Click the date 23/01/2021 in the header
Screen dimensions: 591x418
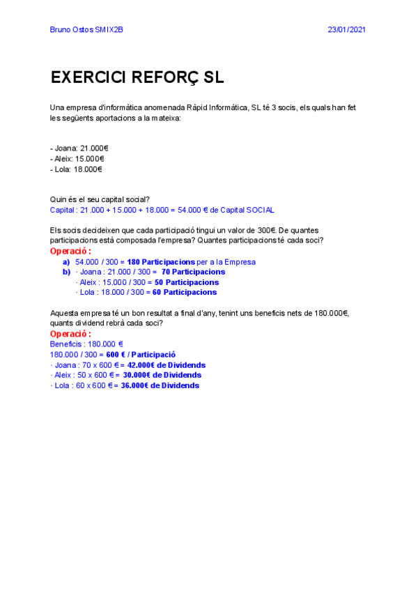tap(346, 29)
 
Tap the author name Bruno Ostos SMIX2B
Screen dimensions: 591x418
tap(87, 29)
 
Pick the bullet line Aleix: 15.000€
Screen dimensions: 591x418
tap(77, 158)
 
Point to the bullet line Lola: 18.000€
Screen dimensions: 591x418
tap(77, 169)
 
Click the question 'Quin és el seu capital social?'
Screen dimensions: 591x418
tap(100, 200)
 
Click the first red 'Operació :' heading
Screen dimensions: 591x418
tap(70, 251)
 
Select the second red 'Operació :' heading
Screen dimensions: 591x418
tap(70, 334)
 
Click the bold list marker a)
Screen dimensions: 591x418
tap(67, 262)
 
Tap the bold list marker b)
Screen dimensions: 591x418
tap(67, 272)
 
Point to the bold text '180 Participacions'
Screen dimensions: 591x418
tap(161, 262)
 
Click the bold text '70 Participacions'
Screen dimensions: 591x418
tap(193, 272)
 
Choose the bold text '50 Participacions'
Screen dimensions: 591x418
tap(187, 282)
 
